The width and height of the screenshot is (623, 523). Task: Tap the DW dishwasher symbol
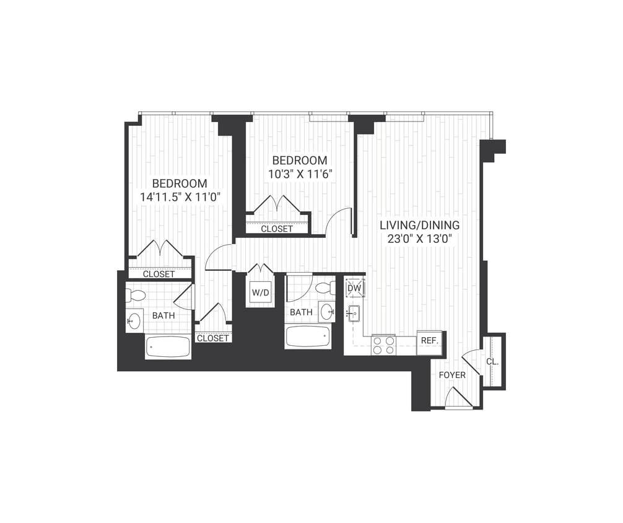[355, 288]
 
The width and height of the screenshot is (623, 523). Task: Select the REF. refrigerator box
[429, 341]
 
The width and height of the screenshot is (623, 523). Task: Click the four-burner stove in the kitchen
[383, 345]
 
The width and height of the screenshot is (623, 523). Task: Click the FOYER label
[452, 375]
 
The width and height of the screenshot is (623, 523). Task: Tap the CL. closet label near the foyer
[493, 361]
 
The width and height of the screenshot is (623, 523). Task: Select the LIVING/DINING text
[420, 226]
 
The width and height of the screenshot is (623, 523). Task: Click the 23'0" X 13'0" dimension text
[420, 239]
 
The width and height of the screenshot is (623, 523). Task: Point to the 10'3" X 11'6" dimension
[301, 174]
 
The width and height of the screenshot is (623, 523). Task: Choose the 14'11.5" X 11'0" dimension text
[180, 197]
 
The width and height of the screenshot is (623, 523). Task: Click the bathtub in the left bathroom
[168, 346]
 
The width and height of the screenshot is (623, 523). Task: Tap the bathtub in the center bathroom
[308, 337]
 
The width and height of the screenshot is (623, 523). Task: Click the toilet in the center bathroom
[326, 288]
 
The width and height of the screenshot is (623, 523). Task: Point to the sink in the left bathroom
[134, 321]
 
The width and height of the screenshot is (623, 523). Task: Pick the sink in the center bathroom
[327, 312]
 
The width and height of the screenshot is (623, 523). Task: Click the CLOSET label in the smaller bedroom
[277, 229]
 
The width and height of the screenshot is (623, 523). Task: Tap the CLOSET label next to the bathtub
[213, 338]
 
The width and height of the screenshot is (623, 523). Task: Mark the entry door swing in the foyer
[458, 397]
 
